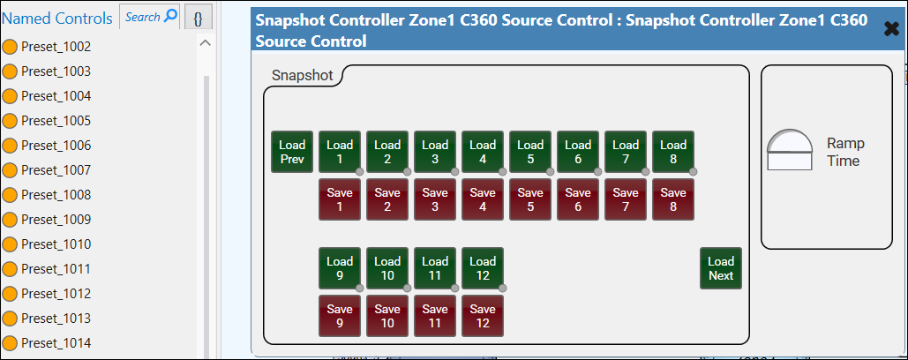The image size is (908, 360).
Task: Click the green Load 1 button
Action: (x=340, y=152)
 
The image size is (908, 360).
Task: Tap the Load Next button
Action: (x=721, y=268)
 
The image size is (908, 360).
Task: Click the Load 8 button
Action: (x=673, y=152)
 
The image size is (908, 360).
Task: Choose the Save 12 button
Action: (x=483, y=316)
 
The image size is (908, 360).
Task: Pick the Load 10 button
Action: (x=387, y=268)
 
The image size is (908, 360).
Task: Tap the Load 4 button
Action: (x=483, y=152)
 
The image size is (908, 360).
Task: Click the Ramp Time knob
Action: (x=790, y=150)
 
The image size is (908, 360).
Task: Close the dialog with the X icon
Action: (x=891, y=29)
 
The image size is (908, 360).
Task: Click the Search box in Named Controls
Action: (x=150, y=17)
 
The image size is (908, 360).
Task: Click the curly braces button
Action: (x=199, y=17)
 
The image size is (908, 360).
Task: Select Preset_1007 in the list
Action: (x=56, y=169)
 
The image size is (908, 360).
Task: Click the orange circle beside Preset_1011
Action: (x=11, y=268)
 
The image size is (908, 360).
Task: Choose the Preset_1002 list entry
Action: (x=56, y=46)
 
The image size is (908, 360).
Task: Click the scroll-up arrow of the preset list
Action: (x=206, y=43)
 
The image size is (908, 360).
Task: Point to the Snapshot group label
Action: (x=302, y=76)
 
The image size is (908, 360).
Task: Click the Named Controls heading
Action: (x=57, y=18)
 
